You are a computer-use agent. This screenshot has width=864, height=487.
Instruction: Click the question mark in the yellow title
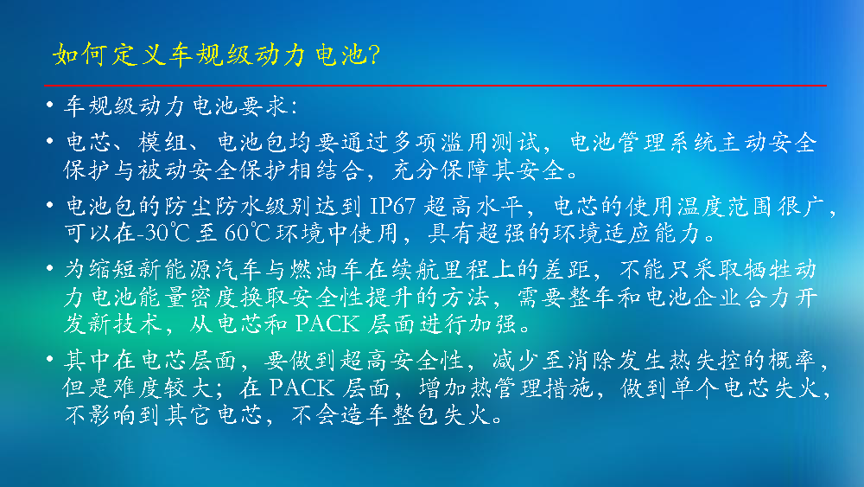pyautogui.click(x=374, y=54)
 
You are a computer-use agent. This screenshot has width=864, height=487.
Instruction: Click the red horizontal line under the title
pyautogui.click(x=435, y=86)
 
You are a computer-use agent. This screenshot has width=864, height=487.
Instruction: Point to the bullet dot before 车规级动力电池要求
pyautogui.click(x=50, y=105)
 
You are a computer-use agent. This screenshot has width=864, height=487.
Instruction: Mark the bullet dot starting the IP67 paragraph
pyautogui.click(x=50, y=205)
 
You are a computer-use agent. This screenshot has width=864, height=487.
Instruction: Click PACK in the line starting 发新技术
pyautogui.click(x=327, y=324)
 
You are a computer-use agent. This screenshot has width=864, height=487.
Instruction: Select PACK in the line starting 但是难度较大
pyautogui.click(x=302, y=388)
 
